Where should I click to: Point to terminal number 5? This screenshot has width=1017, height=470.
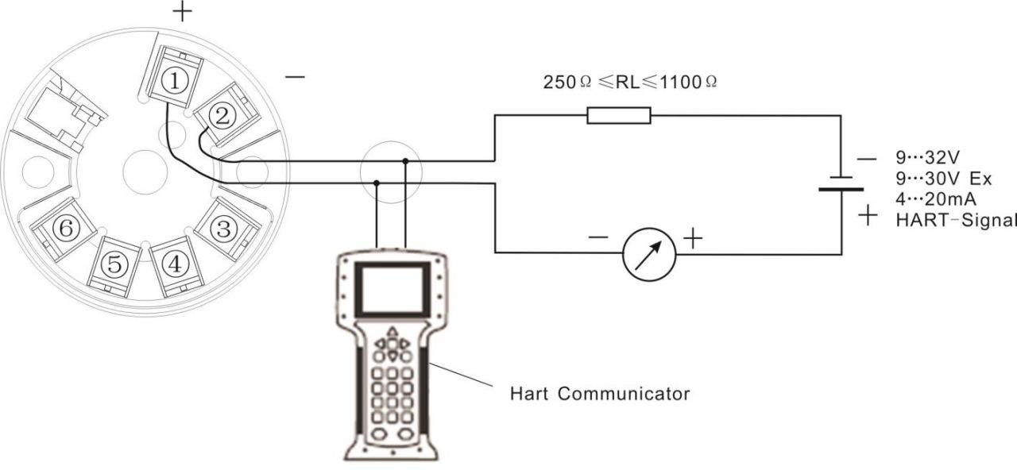pos(114,264)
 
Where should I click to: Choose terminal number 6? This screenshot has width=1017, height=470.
pos(66,228)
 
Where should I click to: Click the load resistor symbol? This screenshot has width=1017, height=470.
pos(619,116)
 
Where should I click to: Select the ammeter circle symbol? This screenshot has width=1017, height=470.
pos(649,255)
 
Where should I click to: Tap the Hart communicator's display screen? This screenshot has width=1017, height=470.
pos(392,289)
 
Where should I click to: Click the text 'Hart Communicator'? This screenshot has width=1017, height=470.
pos(600,394)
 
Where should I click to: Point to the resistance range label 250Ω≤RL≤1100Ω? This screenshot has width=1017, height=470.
pos(630,82)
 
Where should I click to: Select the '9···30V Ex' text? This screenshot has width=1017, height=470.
pos(944,179)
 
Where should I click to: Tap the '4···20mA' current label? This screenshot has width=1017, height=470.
pos(936,199)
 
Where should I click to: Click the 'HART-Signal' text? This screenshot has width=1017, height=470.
pos(956,221)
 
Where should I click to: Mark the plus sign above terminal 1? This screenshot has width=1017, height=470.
pos(182,12)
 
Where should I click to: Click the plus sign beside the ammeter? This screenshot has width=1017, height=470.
pos(693,238)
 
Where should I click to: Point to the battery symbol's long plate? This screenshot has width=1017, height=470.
pos(841,189)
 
